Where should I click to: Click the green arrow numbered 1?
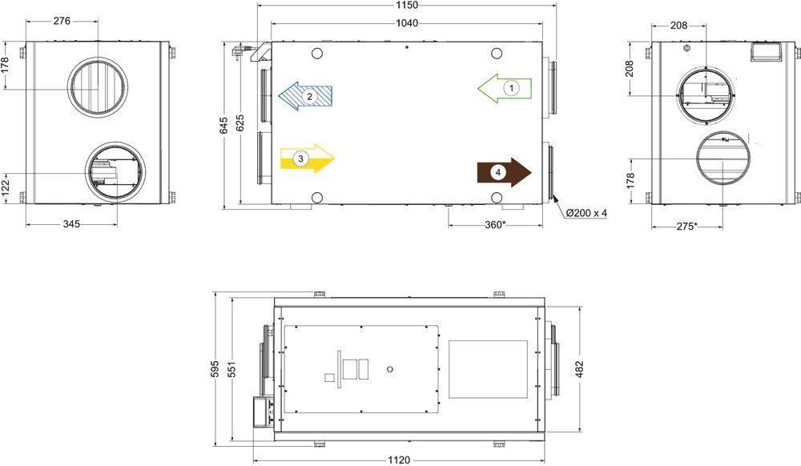[x=505, y=88]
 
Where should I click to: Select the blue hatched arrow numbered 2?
[x=305, y=95]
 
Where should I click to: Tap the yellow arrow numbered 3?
[x=308, y=159]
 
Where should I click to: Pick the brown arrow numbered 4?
[x=504, y=172]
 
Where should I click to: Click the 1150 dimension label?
[x=407, y=6]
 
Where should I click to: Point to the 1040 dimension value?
[x=407, y=23]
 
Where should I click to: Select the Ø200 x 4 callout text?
[x=586, y=213]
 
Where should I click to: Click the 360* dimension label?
[x=495, y=224]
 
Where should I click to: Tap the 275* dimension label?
[x=686, y=226]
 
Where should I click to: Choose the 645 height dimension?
[x=224, y=126]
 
